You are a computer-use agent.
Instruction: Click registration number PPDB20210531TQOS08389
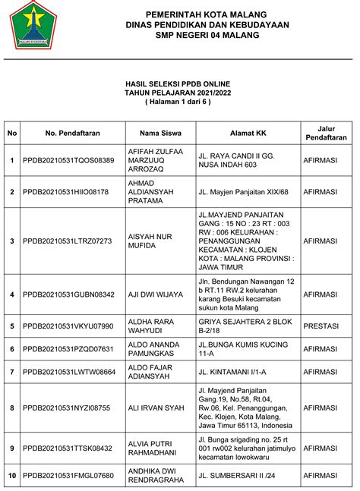[x=68, y=160]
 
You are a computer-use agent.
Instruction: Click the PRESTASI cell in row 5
[x=325, y=326]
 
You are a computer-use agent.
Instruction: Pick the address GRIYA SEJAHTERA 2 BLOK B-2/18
[x=244, y=326]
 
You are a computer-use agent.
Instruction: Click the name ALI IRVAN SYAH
[x=158, y=408]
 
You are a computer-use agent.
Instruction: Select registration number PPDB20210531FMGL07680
[x=68, y=476]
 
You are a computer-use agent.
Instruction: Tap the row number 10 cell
[x=12, y=476]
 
